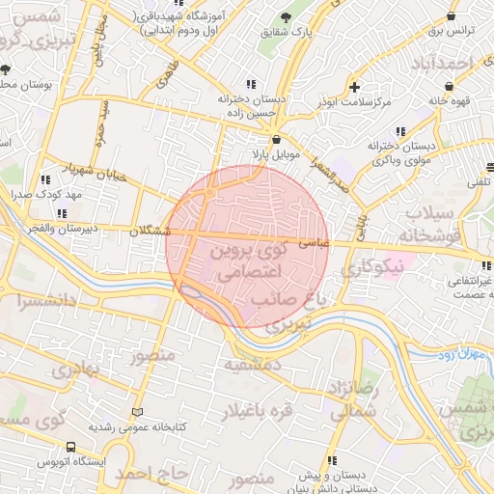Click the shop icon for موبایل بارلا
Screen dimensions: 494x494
point(277,139)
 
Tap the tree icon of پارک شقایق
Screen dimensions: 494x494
point(285,18)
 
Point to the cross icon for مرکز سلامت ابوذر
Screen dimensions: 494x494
point(357,86)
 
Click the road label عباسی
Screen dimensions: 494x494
point(316,244)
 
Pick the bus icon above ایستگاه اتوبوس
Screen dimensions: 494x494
point(70,447)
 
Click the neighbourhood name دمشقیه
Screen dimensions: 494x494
point(253,366)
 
